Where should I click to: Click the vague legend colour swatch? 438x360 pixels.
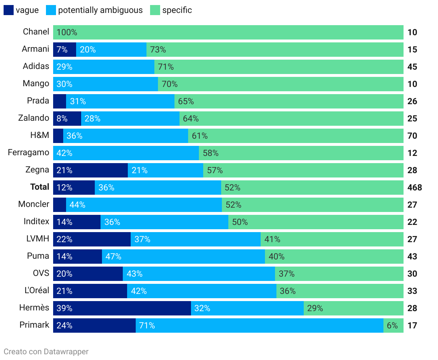click(9, 10)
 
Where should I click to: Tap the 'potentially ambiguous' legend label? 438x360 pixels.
click(100, 10)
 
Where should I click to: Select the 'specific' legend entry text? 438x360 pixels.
click(177, 10)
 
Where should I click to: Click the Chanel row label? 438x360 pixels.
click(36, 32)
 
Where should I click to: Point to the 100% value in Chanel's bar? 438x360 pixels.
click(67, 32)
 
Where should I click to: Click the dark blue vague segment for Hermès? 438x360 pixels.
click(122, 308)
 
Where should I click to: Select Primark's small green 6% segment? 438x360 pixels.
click(393, 326)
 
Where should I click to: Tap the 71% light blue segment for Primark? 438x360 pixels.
click(259, 326)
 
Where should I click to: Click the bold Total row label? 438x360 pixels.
click(39, 187)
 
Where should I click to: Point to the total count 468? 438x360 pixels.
click(415, 188)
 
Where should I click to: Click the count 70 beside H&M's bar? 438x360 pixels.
click(412, 136)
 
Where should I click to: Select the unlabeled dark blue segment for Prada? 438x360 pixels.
click(60, 101)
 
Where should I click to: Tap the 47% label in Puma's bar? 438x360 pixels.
click(113, 257)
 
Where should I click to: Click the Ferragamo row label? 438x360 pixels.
click(28, 153)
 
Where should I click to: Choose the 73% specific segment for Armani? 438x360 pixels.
click(275, 50)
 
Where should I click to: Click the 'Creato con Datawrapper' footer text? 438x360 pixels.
click(46, 352)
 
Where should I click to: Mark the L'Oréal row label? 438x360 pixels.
click(37, 291)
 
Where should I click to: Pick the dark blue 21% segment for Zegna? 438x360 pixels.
click(90, 170)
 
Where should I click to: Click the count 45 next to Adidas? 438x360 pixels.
click(412, 67)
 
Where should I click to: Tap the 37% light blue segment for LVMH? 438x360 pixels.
click(196, 239)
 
